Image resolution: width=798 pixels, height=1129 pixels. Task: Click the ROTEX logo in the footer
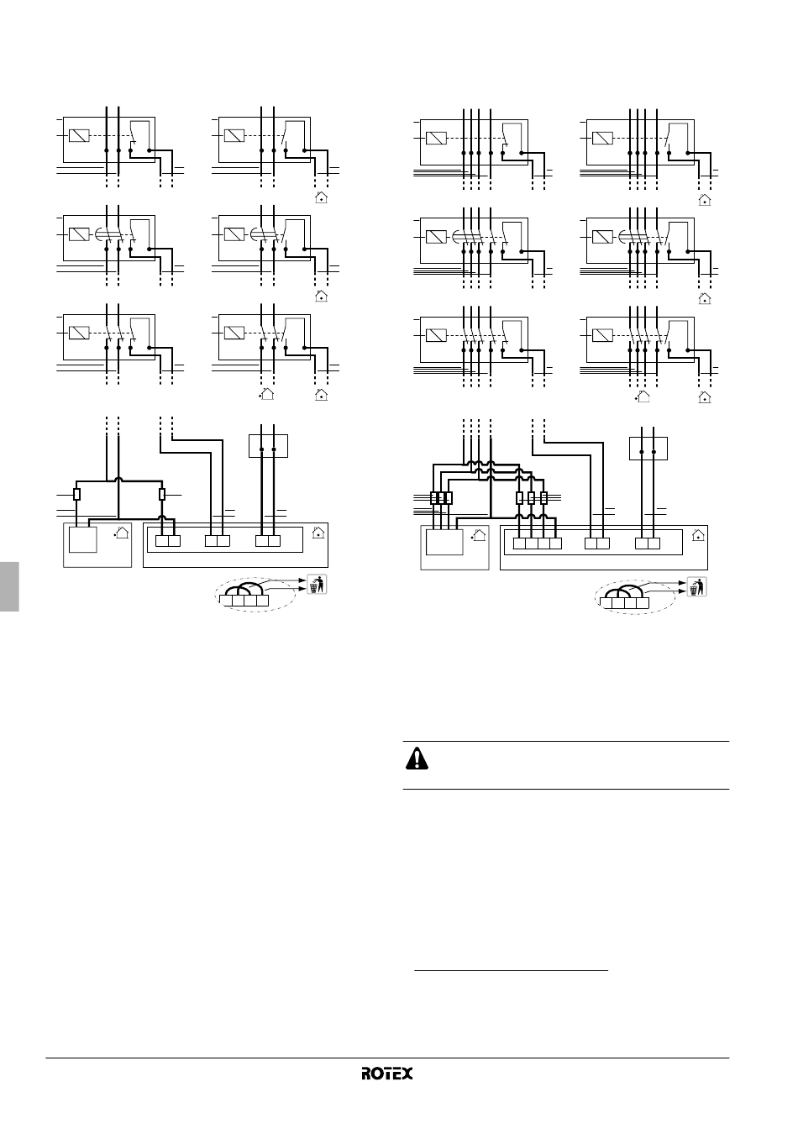point(387,1074)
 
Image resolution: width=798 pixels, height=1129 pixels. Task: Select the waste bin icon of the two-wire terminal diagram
point(316,584)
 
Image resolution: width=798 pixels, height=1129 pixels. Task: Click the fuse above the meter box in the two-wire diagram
point(77,494)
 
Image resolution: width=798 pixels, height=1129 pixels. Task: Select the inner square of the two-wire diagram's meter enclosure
point(82,539)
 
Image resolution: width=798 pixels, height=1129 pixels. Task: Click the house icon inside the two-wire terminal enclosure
point(318,532)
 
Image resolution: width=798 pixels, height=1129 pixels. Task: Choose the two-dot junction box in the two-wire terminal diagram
point(269,445)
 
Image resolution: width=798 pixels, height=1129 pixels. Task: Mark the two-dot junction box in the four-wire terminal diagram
point(648,449)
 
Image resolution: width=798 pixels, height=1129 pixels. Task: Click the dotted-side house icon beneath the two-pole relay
point(266,392)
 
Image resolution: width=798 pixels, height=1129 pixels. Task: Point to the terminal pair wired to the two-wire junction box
point(268,540)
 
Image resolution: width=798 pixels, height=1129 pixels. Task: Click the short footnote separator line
point(512,971)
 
